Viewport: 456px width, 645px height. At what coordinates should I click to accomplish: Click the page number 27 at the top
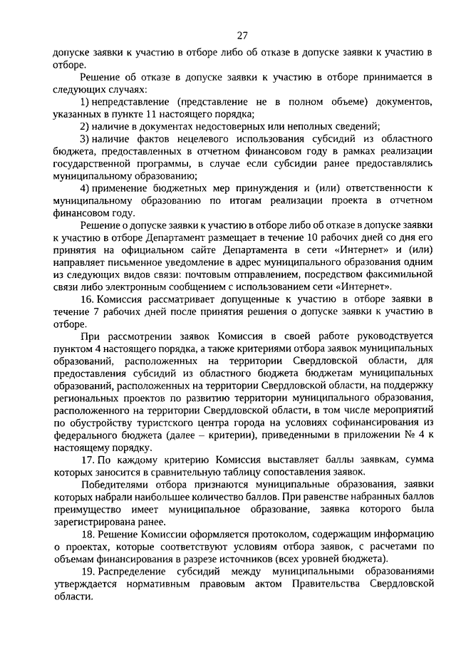pos(242,36)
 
